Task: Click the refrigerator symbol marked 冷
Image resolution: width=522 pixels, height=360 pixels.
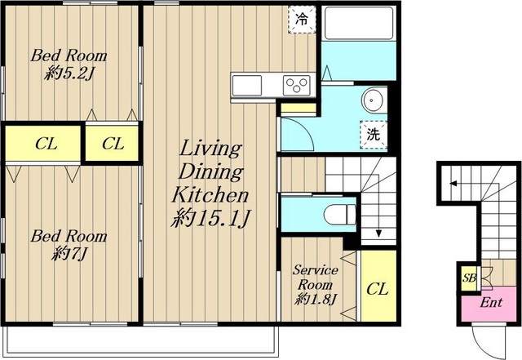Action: pos(302,20)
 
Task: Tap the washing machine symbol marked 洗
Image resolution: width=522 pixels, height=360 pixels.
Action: pos(374,135)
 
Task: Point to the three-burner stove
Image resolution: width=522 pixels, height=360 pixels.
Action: pos(297,85)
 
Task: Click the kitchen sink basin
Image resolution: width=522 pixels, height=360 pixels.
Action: pos(246,86)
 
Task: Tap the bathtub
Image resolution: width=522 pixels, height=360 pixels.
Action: pos(359,23)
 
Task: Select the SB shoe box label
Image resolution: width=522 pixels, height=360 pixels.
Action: pos(470,278)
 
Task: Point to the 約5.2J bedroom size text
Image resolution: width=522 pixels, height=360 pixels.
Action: pos(69,73)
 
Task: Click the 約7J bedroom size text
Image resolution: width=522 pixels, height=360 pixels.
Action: pos(69,254)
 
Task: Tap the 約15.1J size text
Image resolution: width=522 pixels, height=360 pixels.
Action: pos(210,219)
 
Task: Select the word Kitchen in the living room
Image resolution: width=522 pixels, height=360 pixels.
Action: pos(210,195)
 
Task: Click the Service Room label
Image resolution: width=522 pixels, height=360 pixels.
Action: pos(316,278)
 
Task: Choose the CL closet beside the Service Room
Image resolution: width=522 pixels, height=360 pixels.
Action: pos(378,286)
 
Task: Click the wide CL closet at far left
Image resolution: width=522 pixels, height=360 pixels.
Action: pos(43,144)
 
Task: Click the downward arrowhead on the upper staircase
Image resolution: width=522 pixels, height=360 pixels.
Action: pos(378,233)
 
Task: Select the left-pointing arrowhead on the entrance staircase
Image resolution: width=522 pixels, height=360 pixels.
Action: pos(453,183)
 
